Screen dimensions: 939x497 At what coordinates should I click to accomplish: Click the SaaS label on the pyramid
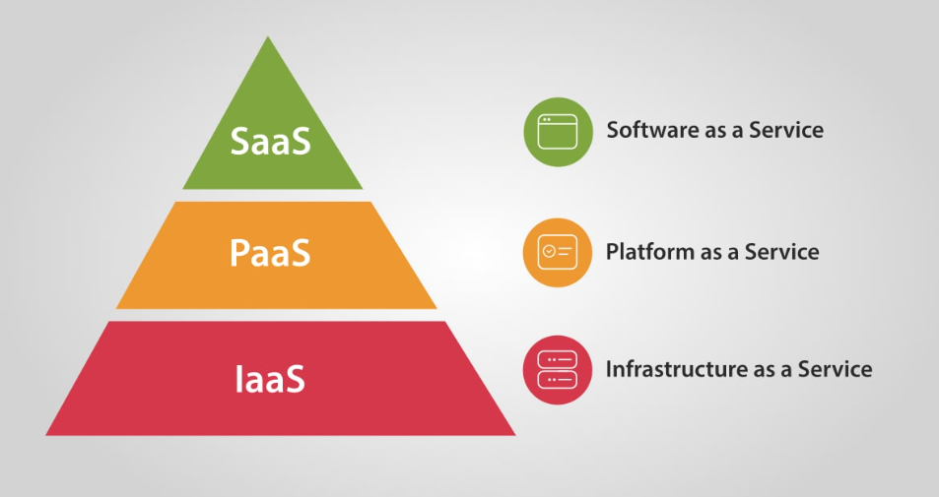point(271,141)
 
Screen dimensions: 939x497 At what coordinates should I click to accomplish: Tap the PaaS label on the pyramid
point(270,252)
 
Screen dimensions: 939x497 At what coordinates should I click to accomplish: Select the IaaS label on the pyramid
point(270,379)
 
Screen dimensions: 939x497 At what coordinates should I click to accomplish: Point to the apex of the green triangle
point(268,36)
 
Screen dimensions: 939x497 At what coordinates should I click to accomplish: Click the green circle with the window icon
point(558,132)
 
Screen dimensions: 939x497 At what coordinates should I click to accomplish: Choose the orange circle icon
point(558,252)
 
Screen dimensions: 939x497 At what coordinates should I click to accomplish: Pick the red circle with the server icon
point(558,370)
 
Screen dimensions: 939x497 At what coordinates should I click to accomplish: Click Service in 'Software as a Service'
point(786,130)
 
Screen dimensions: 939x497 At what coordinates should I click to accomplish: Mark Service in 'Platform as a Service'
point(782,251)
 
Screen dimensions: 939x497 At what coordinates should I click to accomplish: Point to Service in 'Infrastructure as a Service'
point(835,368)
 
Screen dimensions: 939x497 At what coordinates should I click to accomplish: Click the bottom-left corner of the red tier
point(46,435)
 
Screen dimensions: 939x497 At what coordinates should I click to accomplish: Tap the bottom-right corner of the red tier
point(515,435)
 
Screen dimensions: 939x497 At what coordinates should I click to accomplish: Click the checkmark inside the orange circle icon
point(549,252)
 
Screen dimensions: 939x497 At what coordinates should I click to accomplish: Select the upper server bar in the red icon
point(558,359)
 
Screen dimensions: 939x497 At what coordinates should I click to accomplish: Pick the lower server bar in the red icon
point(558,380)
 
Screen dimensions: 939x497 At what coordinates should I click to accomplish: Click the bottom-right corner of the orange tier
point(436,309)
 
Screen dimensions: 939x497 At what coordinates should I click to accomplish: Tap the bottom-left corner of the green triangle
point(182,189)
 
